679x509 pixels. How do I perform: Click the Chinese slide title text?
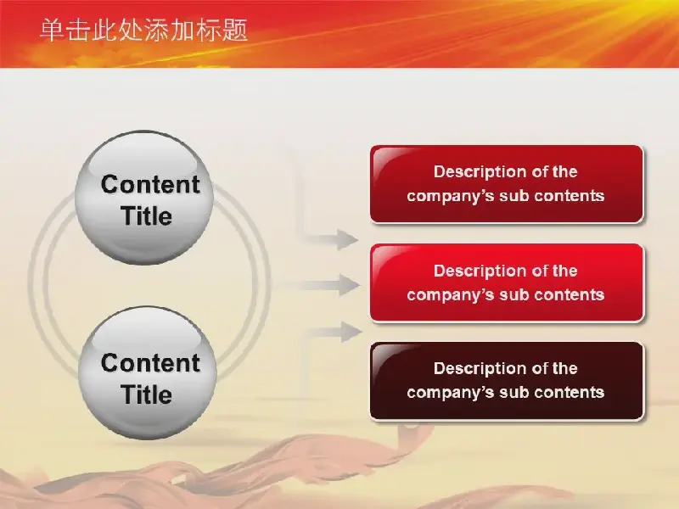[143, 30]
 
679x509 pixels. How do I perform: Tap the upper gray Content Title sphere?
[144, 198]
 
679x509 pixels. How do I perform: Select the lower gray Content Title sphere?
[147, 372]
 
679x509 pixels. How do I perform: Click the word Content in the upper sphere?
[150, 184]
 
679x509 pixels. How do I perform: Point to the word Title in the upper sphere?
[146, 215]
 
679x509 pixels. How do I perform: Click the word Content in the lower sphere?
[150, 363]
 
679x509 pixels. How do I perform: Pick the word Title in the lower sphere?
[146, 394]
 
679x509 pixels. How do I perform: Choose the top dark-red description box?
[507, 184]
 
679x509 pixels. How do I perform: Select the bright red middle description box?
[507, 282]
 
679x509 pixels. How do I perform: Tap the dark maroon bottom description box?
[507, 381]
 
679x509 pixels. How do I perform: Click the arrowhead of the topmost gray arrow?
[348, 240]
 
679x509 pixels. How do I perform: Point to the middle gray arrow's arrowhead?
[349, 285]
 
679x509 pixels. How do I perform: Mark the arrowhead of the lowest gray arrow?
[351, 332]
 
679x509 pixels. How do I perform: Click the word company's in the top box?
[451, 197]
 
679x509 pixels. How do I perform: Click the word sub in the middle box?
[514, 294]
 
